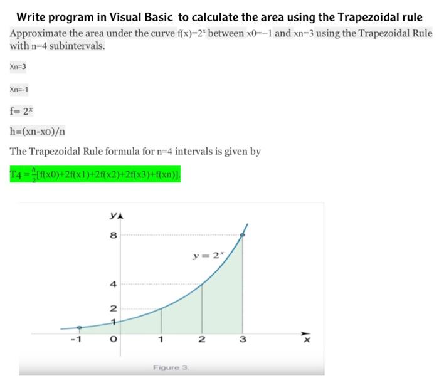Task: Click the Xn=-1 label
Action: click(x=19, y=89)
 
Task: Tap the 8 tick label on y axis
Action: click(x=113, y=236)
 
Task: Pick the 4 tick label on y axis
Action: click(x=113, y=284)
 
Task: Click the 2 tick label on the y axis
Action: click(x=113, y=308)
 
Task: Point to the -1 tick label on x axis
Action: click(x=75, y=340)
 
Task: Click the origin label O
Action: click(x=113, y=340)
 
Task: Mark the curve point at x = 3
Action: click(x=243, y=235)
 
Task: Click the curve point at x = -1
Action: click(x=78, y=327)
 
